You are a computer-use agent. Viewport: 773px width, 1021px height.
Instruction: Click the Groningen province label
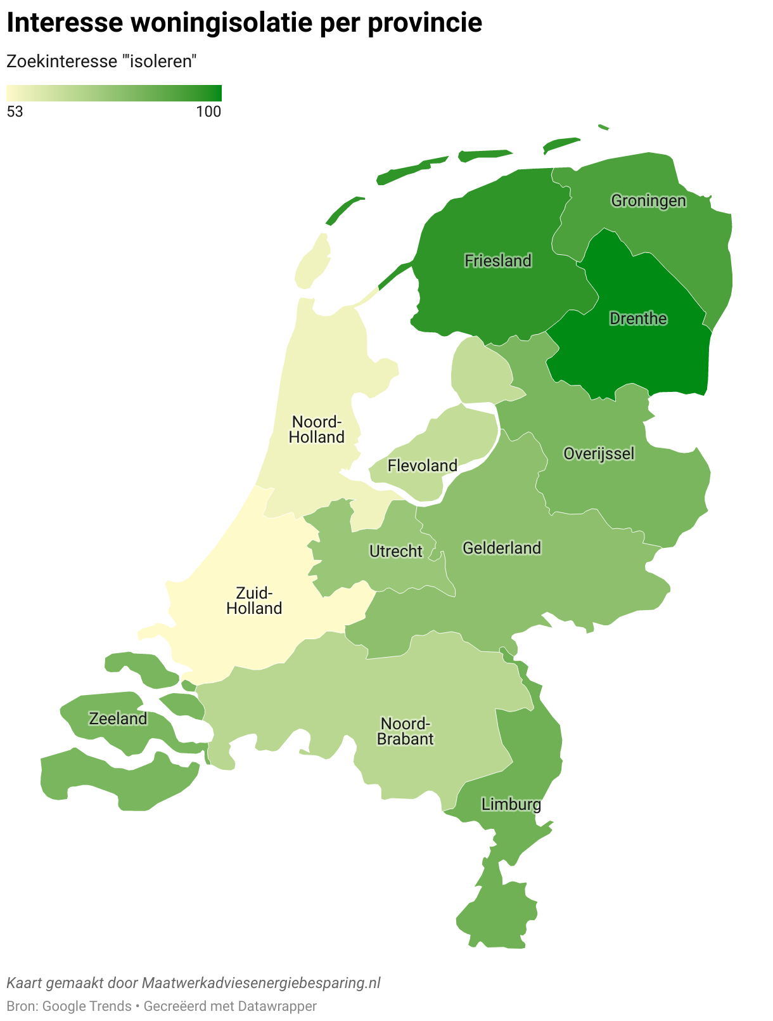[x=648, y=201]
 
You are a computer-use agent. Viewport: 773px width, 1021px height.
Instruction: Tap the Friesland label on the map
[x=497, y=261]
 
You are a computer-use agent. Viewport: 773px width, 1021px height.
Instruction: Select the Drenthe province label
[x=638, y=318]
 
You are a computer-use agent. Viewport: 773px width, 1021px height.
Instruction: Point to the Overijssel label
[x=599, y=453]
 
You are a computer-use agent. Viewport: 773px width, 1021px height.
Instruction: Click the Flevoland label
[x=422, y=466]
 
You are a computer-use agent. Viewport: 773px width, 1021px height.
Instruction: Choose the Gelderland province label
[x=502, y=548]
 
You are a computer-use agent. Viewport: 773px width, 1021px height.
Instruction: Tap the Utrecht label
[x=395, y=551]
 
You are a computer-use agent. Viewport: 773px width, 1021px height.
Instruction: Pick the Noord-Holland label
[x=316, y=429]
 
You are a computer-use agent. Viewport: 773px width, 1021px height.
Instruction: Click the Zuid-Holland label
[x=254, y=601]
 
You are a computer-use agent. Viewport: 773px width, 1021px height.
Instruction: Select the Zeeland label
[x=118, y=719]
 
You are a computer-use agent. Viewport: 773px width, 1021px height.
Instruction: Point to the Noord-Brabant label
[x=405, y=731]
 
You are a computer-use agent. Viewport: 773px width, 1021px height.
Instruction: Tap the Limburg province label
[x=511, y=805]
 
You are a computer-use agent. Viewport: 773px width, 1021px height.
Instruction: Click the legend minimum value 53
[x=15, y=112]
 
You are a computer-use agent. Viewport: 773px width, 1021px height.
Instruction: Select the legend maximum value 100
[x=208, y=112]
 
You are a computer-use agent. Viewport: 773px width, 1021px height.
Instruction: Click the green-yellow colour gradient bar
[x=114, y=93]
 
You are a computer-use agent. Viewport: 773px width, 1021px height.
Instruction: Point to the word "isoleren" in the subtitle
[x=162, y=62]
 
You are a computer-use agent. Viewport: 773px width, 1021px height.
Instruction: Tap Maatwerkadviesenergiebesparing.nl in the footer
[x=261, y=983]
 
